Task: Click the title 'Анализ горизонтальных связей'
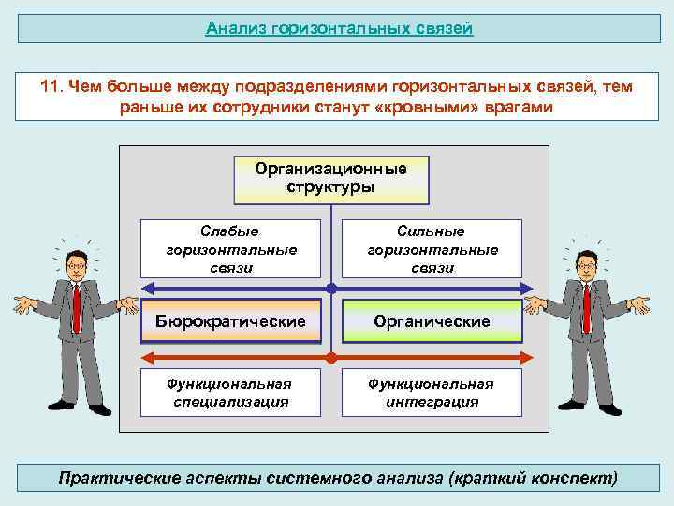tap(339, 28)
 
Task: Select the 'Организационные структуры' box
tap(330, 178)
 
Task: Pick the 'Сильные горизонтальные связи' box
tap(432, 248)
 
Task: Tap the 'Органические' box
tap(432, 321)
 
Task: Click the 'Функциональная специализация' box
tap(230, 393)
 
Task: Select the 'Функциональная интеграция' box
tap(432, 393)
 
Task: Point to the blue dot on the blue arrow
tap(331, 288)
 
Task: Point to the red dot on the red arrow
tap(331, 357)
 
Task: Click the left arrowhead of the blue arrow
tap(146, 288)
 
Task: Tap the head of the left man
tap(75, 264)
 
